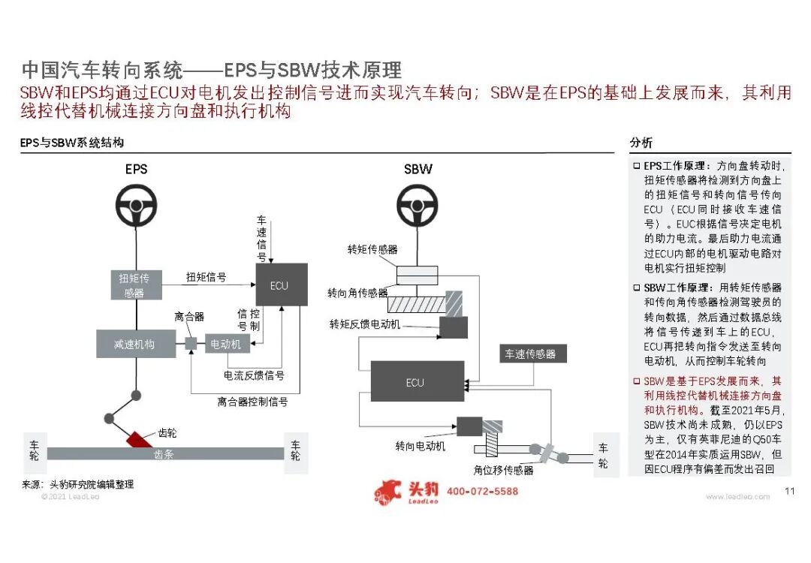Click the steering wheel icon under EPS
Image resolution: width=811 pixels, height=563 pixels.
136,204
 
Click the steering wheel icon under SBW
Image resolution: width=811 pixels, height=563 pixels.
418,203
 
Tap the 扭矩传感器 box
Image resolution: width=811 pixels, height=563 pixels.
134,285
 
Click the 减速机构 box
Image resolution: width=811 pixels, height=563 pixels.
135,344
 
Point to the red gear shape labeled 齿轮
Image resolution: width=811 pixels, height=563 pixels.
139,438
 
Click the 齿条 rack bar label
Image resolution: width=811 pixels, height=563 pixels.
164,454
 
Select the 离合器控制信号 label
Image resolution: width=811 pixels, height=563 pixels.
253,402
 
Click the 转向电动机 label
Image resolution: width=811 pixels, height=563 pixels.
421,447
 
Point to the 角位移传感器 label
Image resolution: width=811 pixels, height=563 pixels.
503,471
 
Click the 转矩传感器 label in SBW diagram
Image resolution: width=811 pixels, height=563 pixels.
372,249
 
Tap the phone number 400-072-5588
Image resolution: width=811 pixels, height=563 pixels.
482,492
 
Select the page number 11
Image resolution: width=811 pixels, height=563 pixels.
789,492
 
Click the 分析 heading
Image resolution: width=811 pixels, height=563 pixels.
641,143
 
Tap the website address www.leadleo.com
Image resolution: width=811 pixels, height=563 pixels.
737,497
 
